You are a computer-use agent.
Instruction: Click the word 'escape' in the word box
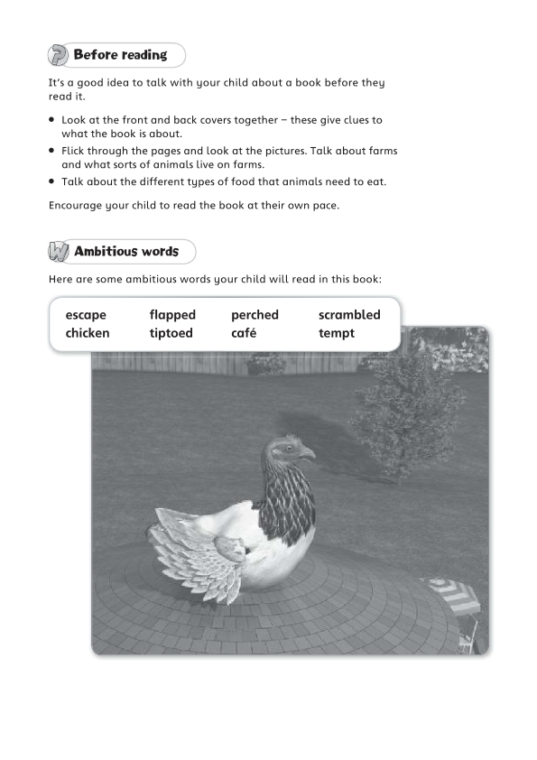coord(86,315)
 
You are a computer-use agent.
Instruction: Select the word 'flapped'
coord(172,315)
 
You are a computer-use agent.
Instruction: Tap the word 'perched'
coord(255,315)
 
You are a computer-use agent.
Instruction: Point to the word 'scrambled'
coord(349,315)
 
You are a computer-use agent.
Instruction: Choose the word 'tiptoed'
coord(171,333)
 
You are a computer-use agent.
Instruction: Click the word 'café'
coord(244,333)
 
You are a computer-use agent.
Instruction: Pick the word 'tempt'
coord(337,333)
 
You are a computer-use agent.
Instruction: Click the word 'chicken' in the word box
coord(88,333)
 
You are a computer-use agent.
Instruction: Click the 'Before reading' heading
coord(120,55)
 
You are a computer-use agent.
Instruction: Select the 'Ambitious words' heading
coord(126,252)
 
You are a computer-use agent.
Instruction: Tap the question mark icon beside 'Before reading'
coord(58,56)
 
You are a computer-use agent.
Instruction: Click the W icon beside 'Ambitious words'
coord(59,252)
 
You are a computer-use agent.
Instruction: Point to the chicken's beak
coord(308,453)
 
